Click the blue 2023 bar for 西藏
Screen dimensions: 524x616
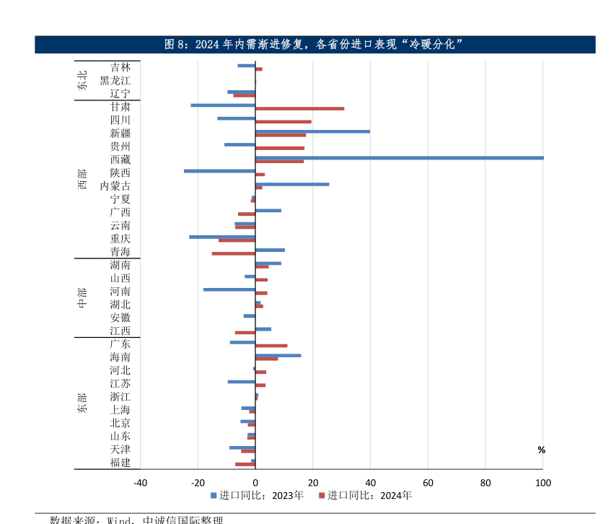(399, 157)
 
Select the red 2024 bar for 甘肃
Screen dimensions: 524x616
(299, 108)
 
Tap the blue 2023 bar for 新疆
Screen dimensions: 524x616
(312, 131)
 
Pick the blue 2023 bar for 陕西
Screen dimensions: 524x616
(219, 171)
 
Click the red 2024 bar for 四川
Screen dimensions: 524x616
(283, 122)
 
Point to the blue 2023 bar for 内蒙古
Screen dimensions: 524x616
(292, 184)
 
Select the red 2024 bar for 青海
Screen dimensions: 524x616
(233, 253)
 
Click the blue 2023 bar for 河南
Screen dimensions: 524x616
(229, 289)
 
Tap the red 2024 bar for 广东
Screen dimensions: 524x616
(271, 346)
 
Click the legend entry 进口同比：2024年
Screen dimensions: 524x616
(369, 496)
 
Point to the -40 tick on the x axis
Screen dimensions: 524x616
(140, 483)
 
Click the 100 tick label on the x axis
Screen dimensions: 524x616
(542, 483)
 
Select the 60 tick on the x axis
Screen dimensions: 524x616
(428, 483)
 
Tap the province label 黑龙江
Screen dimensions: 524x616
(115, 80)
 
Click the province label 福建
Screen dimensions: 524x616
(120, 463)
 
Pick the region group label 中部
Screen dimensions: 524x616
(82, 297)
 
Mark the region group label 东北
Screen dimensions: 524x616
(82, 79)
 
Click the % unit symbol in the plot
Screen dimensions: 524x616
(541, 450)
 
